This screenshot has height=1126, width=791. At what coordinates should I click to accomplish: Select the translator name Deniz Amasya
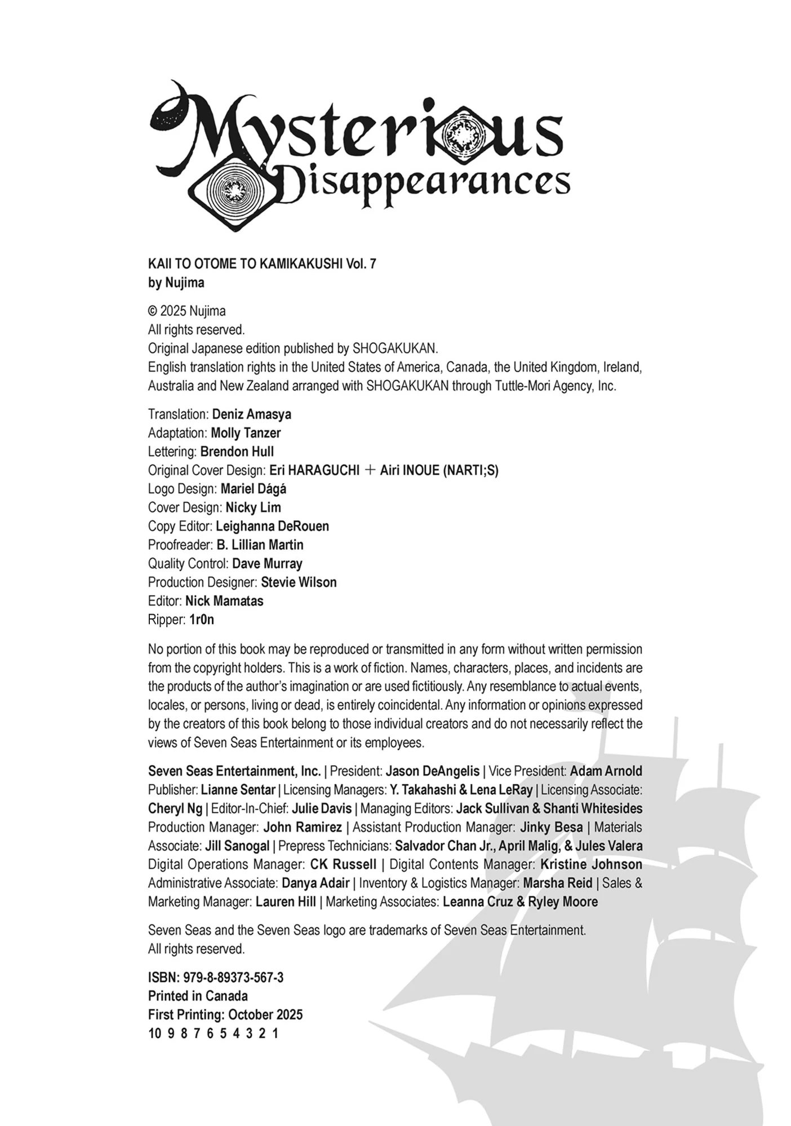(251, 414)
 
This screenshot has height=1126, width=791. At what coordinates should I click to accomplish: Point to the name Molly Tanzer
(246, 433)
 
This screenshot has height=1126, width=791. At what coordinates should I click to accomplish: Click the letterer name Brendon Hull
(237, 452)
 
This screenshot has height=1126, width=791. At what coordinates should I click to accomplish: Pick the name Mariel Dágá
(253, 489)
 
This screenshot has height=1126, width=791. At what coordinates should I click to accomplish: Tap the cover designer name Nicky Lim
(253, 507)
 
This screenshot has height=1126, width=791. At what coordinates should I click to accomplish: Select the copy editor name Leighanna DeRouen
(272, 526)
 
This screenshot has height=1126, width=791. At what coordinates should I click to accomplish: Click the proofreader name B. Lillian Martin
(260, 544)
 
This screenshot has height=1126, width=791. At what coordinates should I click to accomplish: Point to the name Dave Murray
(267, 564)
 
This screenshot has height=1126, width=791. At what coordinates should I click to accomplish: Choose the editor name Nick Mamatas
(224, 601)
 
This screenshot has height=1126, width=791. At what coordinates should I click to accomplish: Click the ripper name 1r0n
(202, 620)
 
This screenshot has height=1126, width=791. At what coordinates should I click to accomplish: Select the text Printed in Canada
(198, 996)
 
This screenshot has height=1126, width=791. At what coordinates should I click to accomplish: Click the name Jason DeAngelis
(433, 771)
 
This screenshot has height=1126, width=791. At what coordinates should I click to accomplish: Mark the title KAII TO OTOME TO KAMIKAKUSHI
(245, 263)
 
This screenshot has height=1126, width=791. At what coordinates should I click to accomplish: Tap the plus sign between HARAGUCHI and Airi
(370, 470)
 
